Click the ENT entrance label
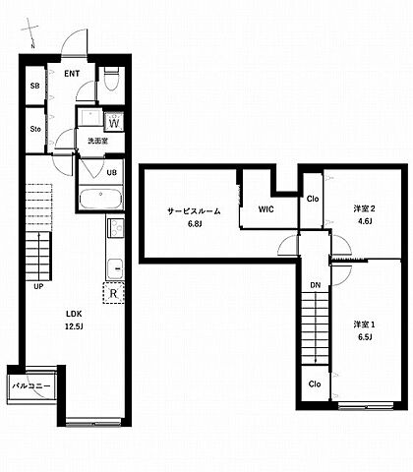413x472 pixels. pos(72,74)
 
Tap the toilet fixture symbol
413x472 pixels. pos(112,79)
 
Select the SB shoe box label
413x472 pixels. pos(34,86)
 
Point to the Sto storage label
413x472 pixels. pos(35,129)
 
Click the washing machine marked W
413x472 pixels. pos(114,123)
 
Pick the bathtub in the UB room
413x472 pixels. pos(101,198)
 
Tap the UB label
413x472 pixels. pos(112,172)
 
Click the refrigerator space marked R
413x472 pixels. pos(113,293)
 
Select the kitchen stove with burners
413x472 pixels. pos(115,227)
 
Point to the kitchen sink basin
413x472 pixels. pos(115,268)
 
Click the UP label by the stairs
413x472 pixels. pos(38,286)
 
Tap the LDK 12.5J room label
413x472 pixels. pos(74,321)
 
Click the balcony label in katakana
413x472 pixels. pos(31,386)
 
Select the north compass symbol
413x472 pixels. pos(30,32)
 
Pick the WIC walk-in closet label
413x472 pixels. pos(265,209)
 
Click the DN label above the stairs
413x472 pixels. pos(316,285)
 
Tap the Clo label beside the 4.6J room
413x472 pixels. pos(313,199)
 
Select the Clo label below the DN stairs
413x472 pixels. pos(315,383)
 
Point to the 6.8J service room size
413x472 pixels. pos(195,224)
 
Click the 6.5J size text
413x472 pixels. pos(365,337)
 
